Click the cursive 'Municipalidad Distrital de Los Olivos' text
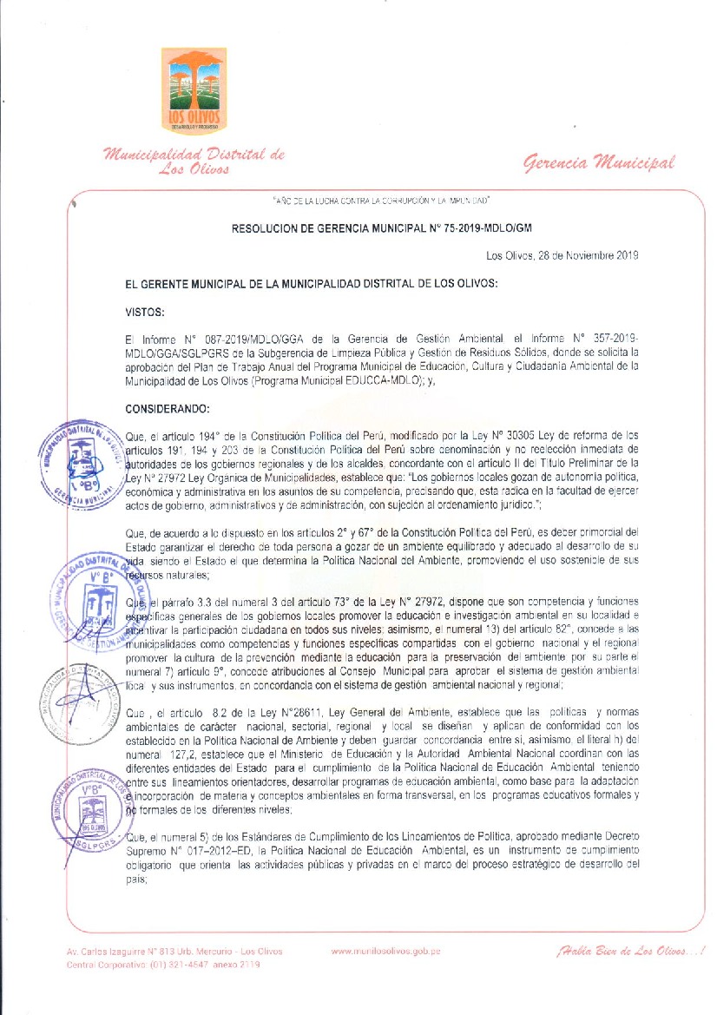pyautogui.click(x=194, y=161)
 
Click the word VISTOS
pyautogui.click(x=145, y=309)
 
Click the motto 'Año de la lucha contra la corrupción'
pyautogui.click(x=382, y=201)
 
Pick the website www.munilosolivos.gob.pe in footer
pyautogui.click(x=385, y=951)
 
